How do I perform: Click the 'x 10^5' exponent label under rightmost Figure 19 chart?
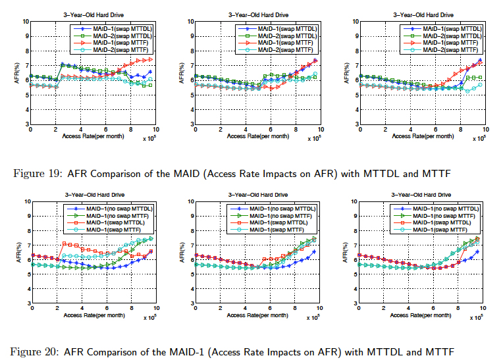click(481, 139)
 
